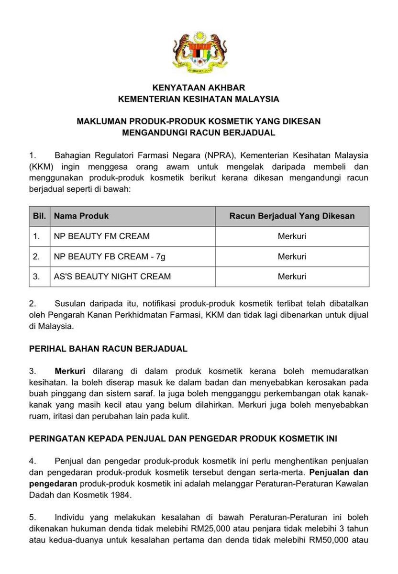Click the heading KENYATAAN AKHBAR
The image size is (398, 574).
199,88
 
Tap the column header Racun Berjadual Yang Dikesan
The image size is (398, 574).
292,216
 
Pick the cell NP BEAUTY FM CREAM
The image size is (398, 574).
102,236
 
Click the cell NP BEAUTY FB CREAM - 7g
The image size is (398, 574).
110,256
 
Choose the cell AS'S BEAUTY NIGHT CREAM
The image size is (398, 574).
112,276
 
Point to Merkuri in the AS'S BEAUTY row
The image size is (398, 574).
292,276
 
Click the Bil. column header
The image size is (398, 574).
39,216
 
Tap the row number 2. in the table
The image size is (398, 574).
36,256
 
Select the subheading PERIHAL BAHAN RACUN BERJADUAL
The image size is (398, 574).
108,349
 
